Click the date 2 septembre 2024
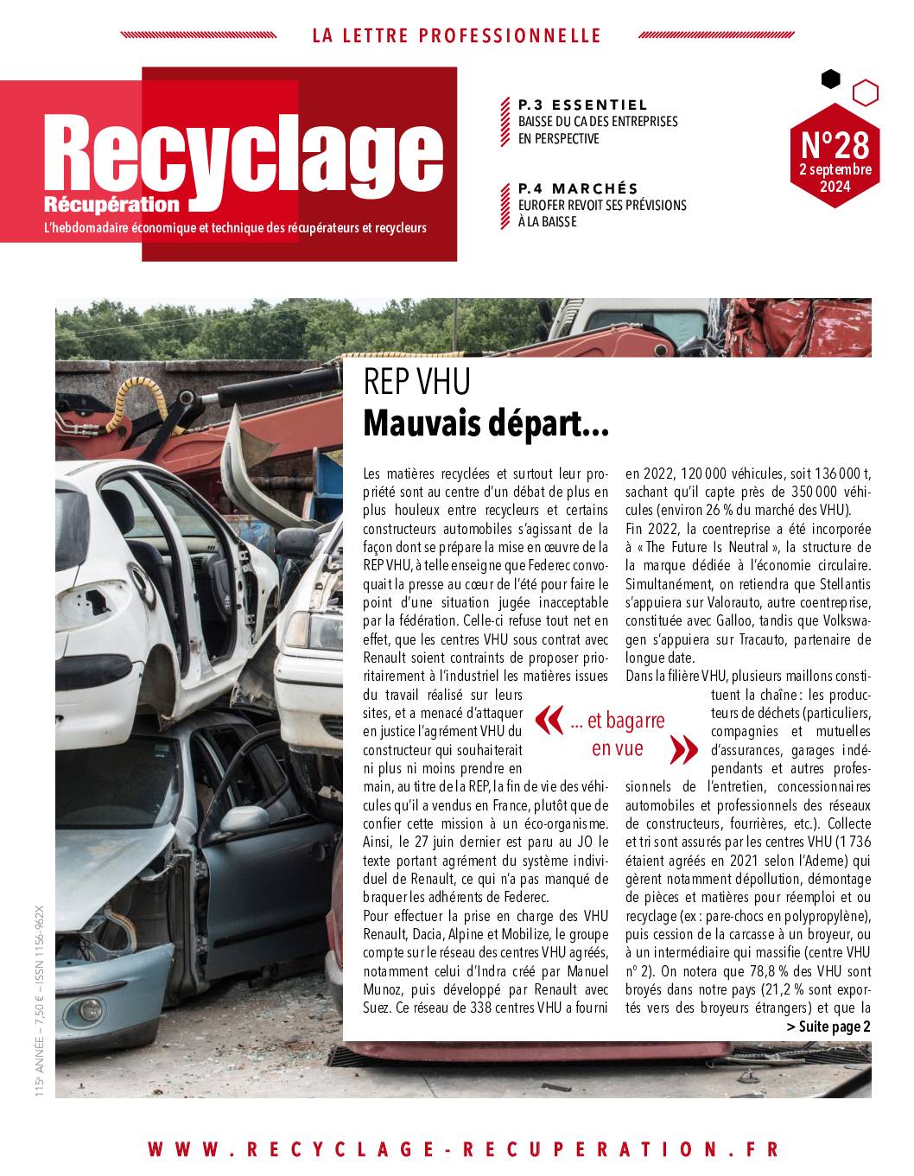coord(835,177)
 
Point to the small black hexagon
coord(830,79)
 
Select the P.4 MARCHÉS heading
coord(578,188)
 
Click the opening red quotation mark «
coord(549,720)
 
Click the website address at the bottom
coord(463,1149)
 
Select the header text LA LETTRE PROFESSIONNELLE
coord(456,35)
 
